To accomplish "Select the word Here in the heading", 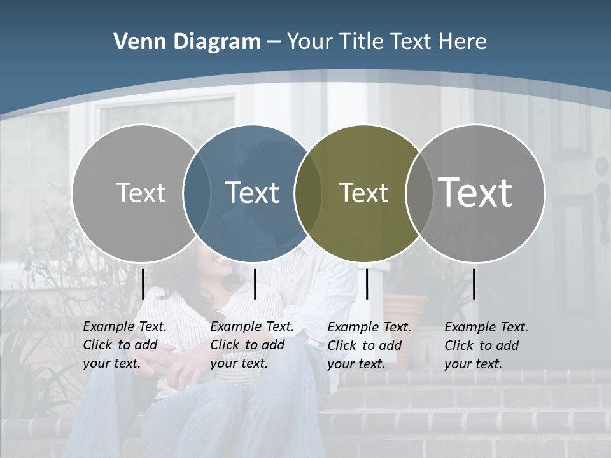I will coord(462,42).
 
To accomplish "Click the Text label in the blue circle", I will coord(253,193).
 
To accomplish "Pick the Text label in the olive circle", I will coord(363,193).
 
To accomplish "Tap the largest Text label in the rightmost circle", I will coord(475,192).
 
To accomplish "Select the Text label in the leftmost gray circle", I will coord(141,193).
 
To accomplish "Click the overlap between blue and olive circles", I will coord(309,193).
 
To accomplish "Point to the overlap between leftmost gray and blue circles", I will coord(197,193).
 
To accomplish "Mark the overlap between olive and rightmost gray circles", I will coord(419,193).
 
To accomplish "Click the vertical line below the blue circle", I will coord(255,284).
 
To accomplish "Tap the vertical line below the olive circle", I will coord(367,284).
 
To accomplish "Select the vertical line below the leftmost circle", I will coord(143,284).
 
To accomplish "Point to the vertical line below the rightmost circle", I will coord(474,284).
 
